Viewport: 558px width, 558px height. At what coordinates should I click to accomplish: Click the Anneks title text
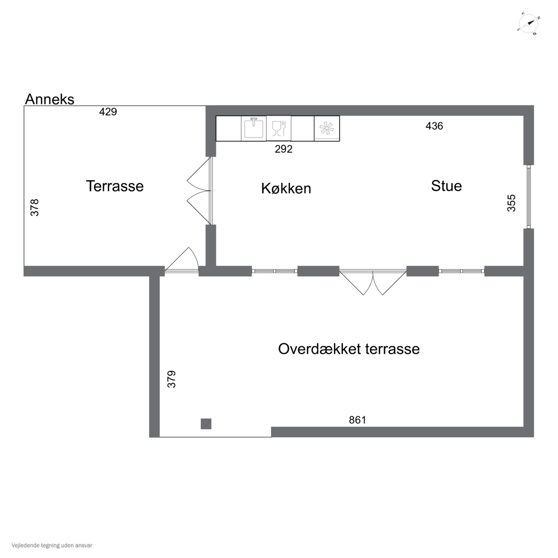tap(50, 99)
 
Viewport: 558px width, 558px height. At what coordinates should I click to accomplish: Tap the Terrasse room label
tap(115, 186)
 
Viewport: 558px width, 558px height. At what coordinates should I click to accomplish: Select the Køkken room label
tap(286, 188)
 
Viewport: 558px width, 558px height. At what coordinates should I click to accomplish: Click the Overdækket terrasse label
tap(349, 349)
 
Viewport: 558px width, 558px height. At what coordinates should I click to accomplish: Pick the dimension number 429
tap(108, 112)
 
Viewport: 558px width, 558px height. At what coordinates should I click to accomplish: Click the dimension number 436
tap(434, 126)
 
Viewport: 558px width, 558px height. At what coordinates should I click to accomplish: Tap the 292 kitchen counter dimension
tap(283, 149)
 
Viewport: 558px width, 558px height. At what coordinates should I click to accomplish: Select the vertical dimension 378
tap(35, 207)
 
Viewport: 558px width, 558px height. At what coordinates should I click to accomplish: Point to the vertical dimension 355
tap(511, 203)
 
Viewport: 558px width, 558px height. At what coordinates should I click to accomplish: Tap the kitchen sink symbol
tap(254, 128)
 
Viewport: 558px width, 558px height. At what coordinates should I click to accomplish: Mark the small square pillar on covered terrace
tap(206, 424)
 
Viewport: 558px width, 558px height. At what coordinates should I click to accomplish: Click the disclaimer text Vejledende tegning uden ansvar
tap(52, 545)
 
